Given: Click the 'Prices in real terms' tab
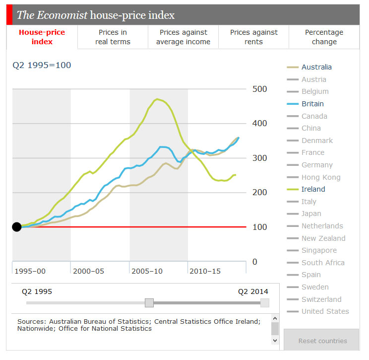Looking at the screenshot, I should (x=113, y=37).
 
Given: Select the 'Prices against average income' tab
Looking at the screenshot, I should (x=183, y=37).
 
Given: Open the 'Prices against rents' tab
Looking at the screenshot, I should (x=253, y=37).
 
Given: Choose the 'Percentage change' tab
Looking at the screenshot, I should (x=324, y=37).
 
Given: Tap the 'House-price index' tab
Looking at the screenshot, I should (x=42, y=37).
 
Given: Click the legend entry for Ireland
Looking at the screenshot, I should (x=313, y=189).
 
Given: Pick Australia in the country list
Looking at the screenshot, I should (x=316, y=67).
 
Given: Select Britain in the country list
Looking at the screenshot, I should (x=312, y=104).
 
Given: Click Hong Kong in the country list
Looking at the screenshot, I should (x=320, y=177).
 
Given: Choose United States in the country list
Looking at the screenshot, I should (x=325, y=311).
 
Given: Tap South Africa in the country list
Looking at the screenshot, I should (x=322, y=263).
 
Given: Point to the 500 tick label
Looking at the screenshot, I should (x=259, y=89).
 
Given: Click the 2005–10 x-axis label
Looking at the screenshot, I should (x=148, y=271).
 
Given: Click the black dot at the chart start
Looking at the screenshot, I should (x=17, y=227).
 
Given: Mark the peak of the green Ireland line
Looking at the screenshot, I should (x=157, y=99).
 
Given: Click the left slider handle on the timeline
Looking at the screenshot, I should (x=149, y=303).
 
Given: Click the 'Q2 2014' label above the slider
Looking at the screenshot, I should (x=253, y=291).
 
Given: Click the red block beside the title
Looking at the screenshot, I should (x=9, y=15).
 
